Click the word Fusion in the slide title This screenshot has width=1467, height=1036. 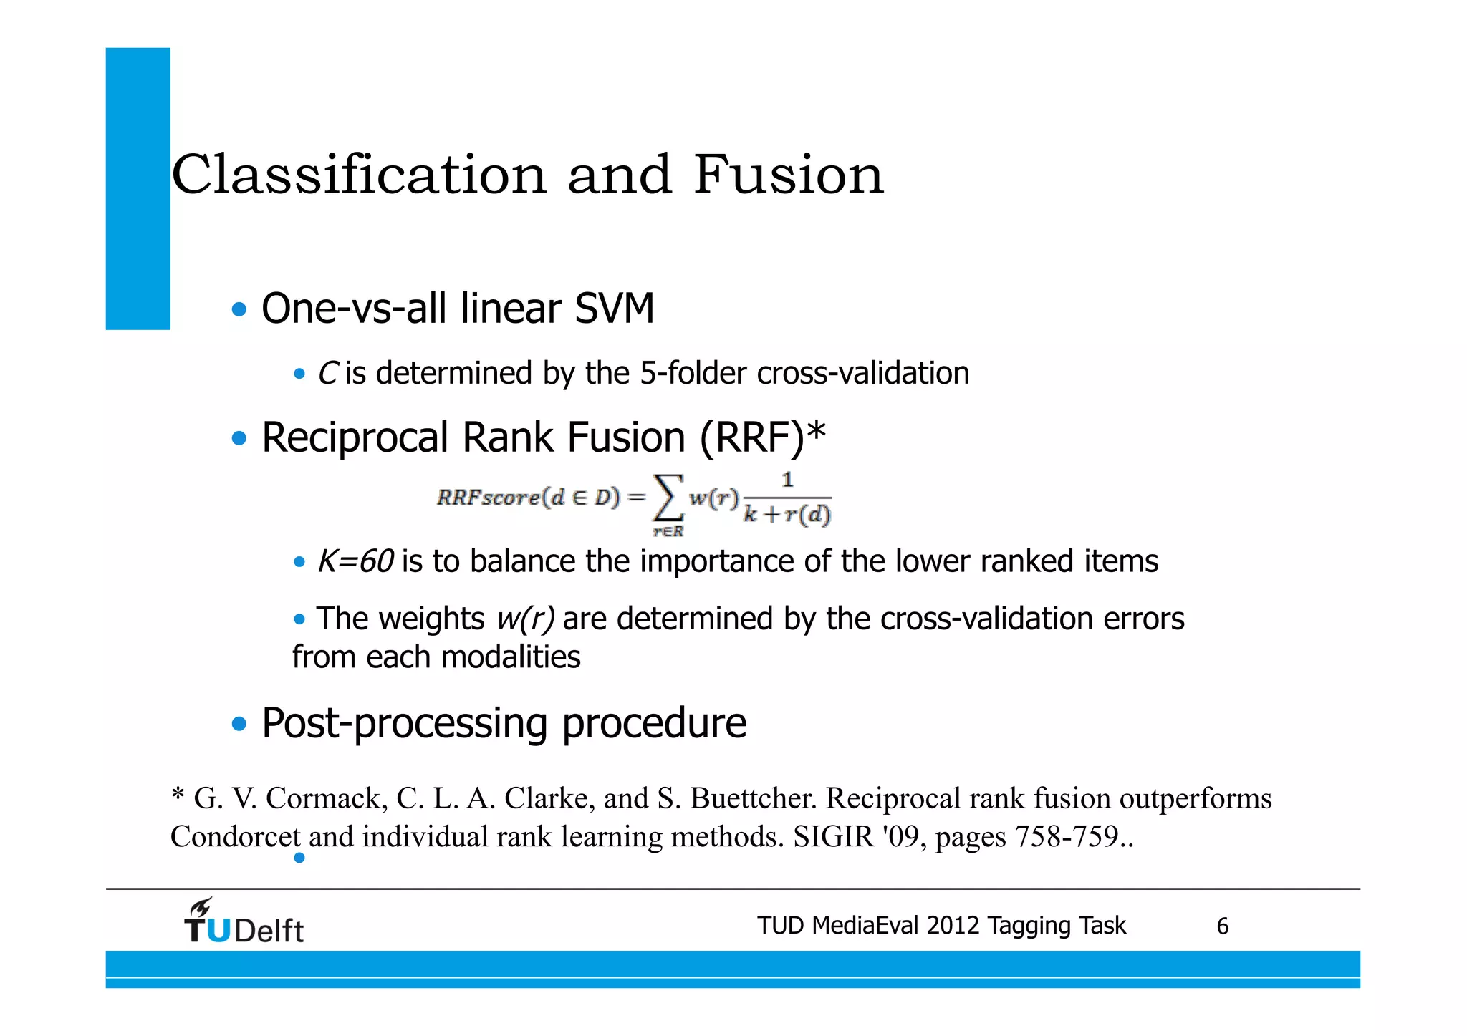pos(789,175)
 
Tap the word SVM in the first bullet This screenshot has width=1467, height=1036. pos(615,309)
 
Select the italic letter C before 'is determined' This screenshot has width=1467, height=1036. pos(327,374)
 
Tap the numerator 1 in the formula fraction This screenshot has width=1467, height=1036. pos(787,480)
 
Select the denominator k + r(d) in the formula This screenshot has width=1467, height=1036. pos(787,514)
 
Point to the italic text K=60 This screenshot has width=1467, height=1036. pos(355,561)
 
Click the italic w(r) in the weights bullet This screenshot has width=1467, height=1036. pos(525,619)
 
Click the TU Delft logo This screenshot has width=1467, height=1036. pos(244,921)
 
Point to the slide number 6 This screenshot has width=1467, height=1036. pos(1222,926)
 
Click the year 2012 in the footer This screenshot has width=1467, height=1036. pos(953,926)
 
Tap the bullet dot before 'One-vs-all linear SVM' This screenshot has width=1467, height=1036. pos(239,310)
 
